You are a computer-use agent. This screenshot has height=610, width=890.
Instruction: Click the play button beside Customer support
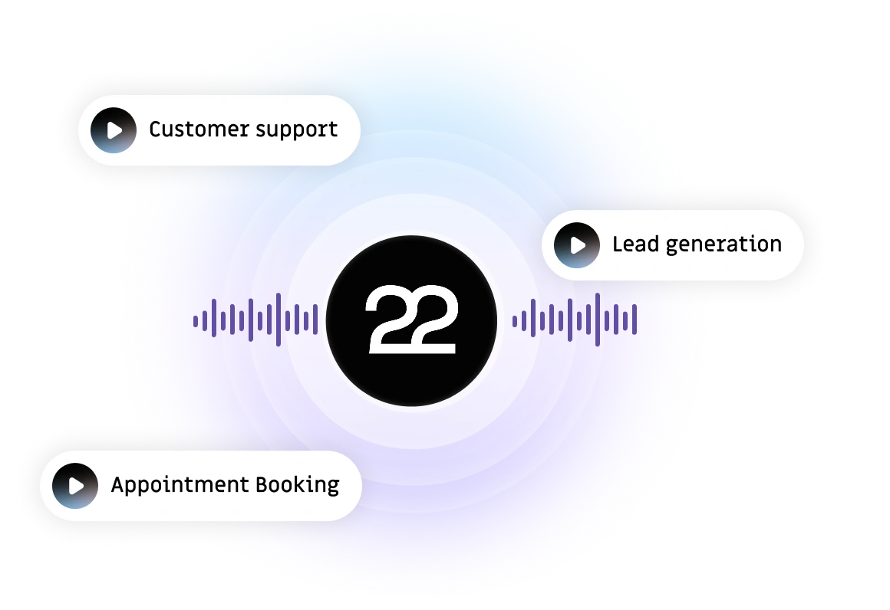pos(114,130)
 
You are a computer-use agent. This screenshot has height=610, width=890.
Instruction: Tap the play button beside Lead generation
pos(577,245)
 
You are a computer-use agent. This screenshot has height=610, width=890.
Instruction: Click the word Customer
pos(193,130)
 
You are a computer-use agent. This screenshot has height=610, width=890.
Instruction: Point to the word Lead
pos(634,244)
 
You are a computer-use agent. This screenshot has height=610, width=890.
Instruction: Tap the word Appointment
pos(179,486)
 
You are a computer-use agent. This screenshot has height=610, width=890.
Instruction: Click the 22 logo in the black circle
pos(411,320)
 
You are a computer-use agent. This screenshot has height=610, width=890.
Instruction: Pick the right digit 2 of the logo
pos(433,320)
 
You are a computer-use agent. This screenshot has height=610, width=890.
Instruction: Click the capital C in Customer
pos(155,130)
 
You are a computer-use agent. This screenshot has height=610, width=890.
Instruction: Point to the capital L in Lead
pos(617,244)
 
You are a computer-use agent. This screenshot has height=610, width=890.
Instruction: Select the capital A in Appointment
pos(118,485)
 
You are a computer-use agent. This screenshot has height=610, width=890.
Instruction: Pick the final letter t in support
pos(334,130)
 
